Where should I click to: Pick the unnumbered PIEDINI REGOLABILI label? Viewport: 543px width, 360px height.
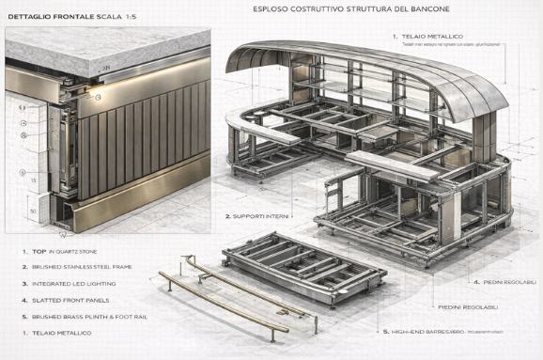pyautogui.click(x=468, y=307)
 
